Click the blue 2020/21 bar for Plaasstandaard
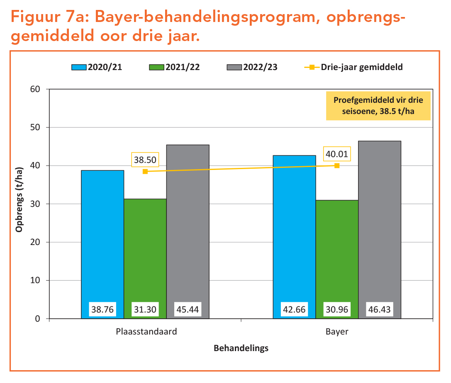coord(102,236)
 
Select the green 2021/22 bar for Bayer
coord(336,253)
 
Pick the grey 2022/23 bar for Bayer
coord(379,224)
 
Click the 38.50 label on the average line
coord(145,160)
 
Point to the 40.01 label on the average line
coord(337,154)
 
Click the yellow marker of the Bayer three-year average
coord(337,166)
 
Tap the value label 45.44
coord(188,309)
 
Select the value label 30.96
coord(336,309)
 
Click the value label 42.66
coord(294,309)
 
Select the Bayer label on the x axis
coord(336,332)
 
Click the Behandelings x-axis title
coord(241,348)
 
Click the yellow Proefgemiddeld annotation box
coord(378,106)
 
